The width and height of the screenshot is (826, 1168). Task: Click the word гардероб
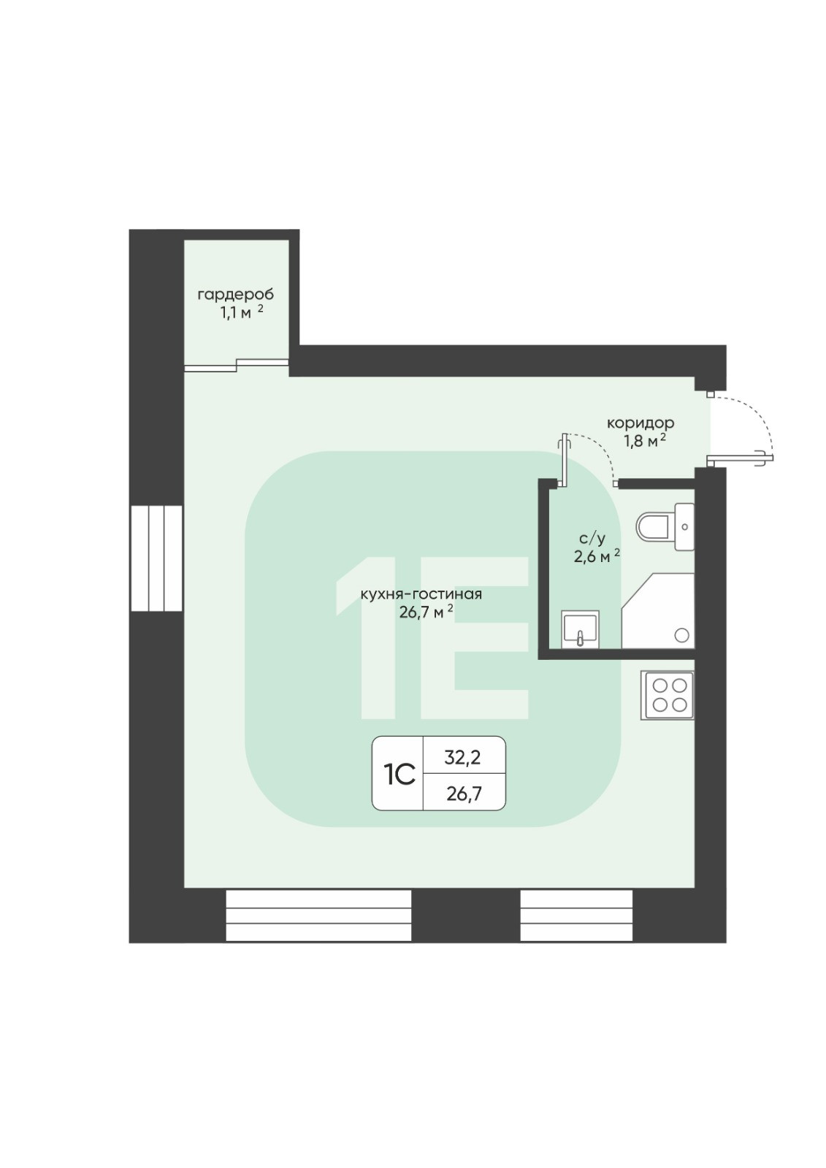click(235, 295)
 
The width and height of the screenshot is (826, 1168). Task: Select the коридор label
click(640, 423)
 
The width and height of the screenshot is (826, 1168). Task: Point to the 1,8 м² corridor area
click(643, 441)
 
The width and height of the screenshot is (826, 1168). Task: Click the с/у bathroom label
click(592, 539)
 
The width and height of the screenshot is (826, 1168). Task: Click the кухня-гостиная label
click(421, 594)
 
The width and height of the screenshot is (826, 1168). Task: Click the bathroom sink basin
click(579, 629)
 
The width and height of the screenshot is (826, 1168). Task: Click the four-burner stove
click(668, 694)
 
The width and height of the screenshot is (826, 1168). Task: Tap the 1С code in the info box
click(399, 774)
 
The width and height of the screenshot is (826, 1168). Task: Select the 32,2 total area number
click(463, 758)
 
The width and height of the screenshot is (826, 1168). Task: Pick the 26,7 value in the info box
click(463, 793)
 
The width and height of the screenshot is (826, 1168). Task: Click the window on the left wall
click(156, 558)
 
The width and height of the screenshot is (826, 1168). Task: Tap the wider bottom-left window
click(318, 915)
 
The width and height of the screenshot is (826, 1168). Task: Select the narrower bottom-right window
click(575, 915)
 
